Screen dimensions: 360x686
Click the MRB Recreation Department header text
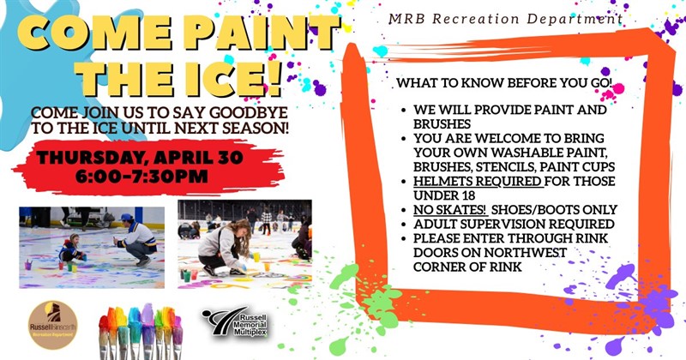tap(506, 17)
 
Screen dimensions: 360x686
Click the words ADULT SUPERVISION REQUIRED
tap(514, 224)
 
